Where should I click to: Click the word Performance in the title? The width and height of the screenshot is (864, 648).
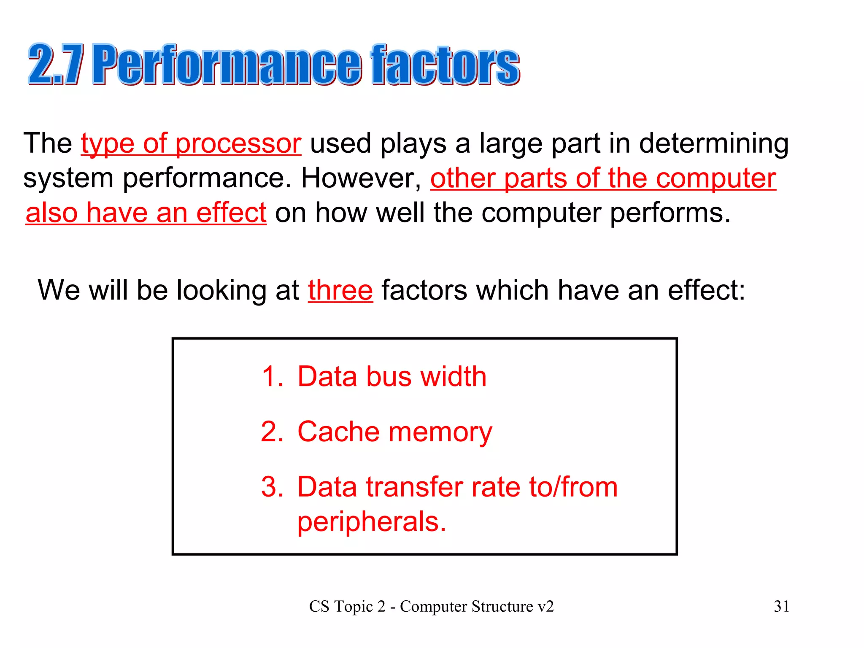pos(227,65)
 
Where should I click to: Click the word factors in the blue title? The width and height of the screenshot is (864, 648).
pos(445,65)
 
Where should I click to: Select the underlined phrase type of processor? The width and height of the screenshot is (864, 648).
pos(191,143)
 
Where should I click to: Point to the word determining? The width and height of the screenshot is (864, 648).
pos(714,143)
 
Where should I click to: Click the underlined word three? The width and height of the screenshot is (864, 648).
pos(340,290)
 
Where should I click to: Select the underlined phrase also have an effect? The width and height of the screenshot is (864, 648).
pos(146,213)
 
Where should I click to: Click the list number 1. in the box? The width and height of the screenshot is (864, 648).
pos(272,376)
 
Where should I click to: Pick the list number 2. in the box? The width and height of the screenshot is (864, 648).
pos(272,432)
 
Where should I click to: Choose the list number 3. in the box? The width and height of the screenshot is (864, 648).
pos(272,487)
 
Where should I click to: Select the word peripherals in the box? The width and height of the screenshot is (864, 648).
pos(371,522)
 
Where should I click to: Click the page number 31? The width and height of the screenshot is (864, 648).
pos(781,606)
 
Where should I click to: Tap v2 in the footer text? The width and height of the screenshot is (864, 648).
pos(545,606)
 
